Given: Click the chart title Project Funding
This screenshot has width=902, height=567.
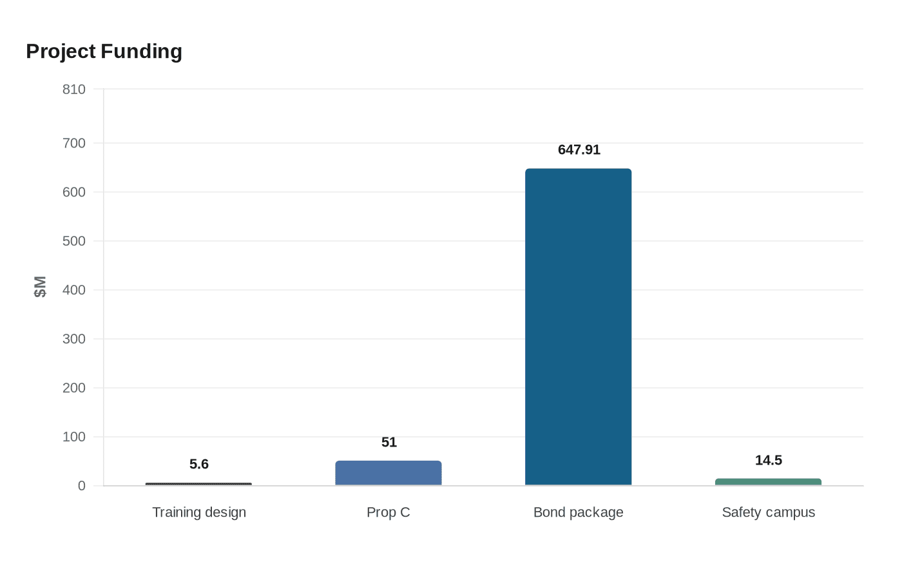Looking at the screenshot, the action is (104, 52).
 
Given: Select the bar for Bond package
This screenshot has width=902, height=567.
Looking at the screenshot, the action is (579, 327).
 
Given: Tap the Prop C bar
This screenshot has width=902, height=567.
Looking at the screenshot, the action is (389, 473).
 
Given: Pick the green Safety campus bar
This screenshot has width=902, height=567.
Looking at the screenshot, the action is (768, 482).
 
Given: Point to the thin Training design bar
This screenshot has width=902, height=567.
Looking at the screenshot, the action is (198, 484).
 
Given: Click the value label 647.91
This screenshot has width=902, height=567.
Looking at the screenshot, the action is (579, 149).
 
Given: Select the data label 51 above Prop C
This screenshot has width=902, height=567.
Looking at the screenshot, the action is (389, 442).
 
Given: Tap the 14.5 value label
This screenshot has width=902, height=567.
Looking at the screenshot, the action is (768, 460).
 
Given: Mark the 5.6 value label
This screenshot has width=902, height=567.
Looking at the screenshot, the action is (199, 464).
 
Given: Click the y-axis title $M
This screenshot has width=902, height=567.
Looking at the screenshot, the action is (40, 287).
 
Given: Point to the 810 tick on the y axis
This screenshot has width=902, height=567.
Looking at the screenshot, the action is (74, 90).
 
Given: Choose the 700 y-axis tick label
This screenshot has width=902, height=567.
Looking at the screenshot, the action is (74, 143).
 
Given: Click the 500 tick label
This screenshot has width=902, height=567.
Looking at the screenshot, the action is (74, 241).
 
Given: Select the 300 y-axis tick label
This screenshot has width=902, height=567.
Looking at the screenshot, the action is (74, 339).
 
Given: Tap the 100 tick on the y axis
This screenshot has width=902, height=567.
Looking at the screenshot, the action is (74, 437).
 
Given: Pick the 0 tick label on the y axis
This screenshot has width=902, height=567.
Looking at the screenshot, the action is (82, 486).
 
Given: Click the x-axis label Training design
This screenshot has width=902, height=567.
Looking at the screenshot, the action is (199, 512).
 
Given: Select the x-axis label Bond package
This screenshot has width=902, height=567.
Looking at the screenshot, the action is (579, 512).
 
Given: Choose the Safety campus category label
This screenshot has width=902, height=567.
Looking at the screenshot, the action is (768, 512).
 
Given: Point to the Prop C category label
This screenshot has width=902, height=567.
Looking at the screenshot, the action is (388, 512).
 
